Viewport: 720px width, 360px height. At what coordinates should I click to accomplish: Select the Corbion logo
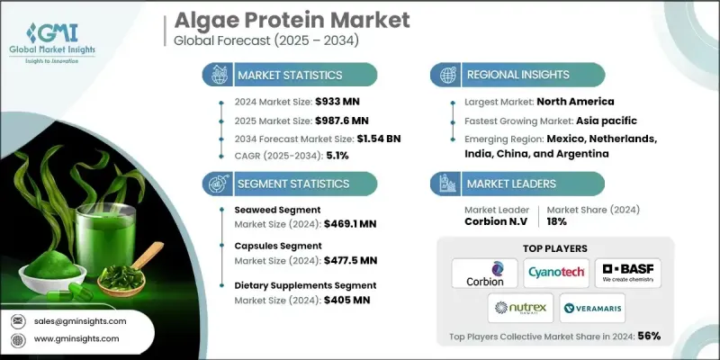pyautogui.click(x=484, y=273)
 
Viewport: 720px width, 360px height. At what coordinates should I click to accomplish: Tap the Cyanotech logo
pyautogui.click(x=556, y=273)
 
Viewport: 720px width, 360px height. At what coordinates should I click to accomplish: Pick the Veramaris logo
pyautogui.click(x=592, y=309)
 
